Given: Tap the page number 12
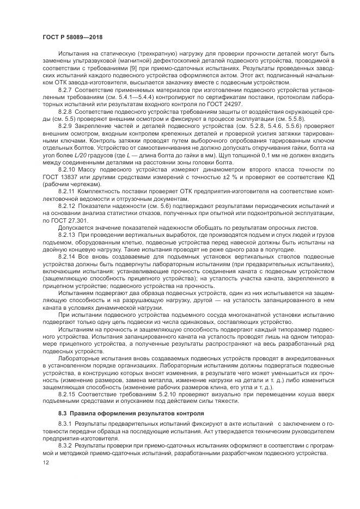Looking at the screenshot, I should click(46, 464).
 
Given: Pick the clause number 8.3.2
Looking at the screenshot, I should click(66, 445).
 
